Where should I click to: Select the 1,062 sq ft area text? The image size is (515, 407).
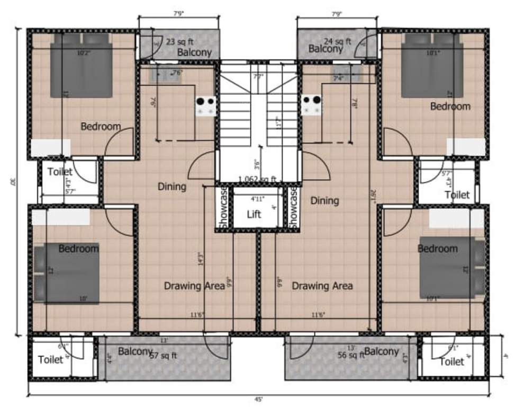257,179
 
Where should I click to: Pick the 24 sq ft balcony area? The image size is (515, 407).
337,41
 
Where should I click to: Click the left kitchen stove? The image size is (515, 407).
205,105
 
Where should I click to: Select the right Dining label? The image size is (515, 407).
324,200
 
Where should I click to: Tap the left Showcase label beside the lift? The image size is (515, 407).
224,208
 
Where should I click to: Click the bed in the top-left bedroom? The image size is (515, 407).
82,66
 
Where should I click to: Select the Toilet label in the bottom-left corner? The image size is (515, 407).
51,360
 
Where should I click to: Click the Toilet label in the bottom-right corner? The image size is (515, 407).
451,361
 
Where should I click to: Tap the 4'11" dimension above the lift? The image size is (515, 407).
256,199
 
